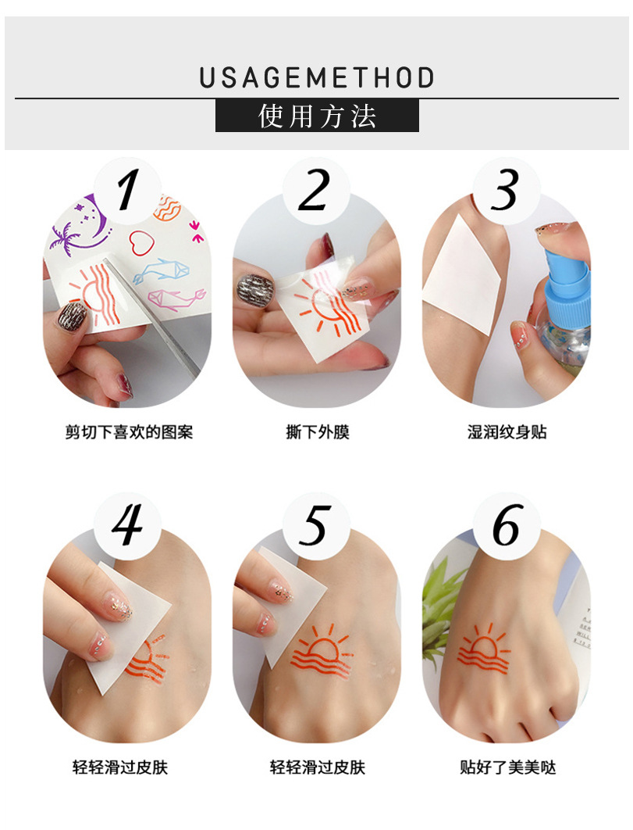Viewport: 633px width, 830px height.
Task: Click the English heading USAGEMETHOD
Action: [x=316, y=78]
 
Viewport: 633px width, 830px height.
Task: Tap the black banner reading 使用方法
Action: [x=317, y=116]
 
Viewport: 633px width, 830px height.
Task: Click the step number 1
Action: [x=127, y=190]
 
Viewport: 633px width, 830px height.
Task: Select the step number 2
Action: [x=315, y=190]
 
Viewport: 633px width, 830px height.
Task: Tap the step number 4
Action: [x=127, y=526]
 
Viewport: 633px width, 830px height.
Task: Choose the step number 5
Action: [x=315, y=526]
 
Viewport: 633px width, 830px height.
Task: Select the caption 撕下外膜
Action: [x=317, y=431]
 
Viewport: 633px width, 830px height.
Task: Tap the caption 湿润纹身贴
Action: [x=507, y=431]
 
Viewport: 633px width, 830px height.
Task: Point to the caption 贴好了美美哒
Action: [x=507, y=767]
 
